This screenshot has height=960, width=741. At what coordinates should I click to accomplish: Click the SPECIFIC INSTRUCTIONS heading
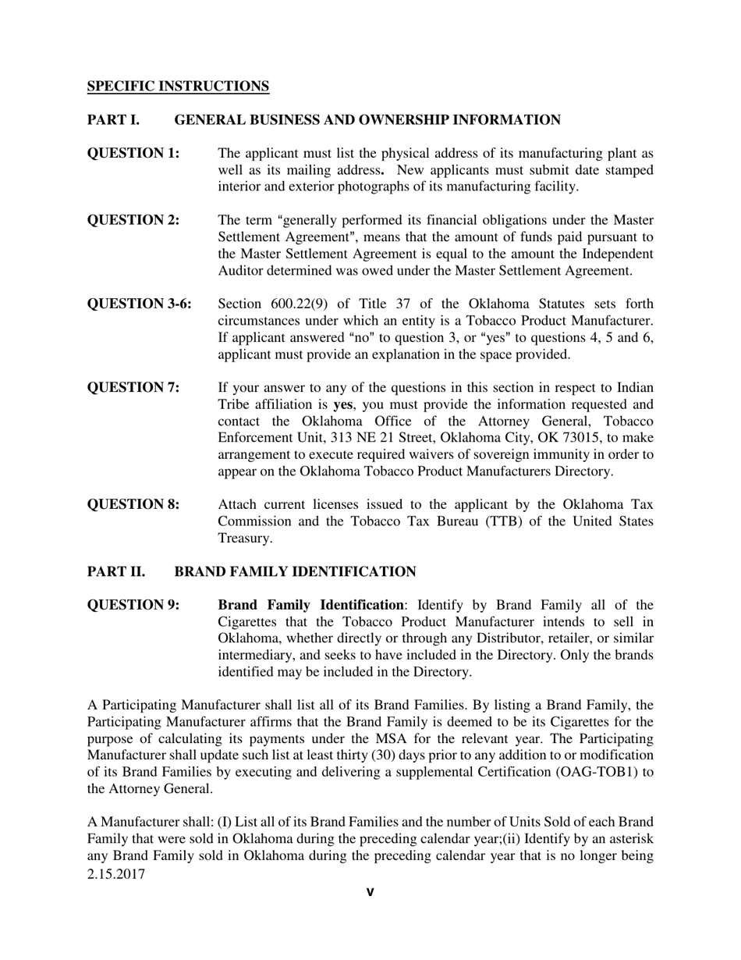[178, 87]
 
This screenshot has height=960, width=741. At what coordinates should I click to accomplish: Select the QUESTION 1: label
[133, 153]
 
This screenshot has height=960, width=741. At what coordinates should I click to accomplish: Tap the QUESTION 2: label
[133, 220]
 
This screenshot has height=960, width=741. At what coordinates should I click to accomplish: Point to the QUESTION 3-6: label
[139, 304]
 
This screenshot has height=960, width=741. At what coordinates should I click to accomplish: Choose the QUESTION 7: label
[133, 387]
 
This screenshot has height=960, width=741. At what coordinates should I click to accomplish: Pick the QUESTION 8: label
[133, 504]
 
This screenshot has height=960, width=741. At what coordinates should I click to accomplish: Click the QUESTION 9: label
[133, 605]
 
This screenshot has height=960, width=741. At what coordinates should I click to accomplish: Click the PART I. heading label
[112, 120]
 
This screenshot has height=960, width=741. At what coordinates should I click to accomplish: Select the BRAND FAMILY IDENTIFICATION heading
[295, 572]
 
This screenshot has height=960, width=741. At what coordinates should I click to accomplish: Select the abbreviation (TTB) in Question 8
[488, 521]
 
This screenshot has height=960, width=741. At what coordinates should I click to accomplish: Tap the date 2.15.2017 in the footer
[116, 874]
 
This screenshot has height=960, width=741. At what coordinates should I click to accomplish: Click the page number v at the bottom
[370, 892]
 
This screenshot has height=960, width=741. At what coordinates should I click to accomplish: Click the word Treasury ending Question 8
[244, 539]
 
